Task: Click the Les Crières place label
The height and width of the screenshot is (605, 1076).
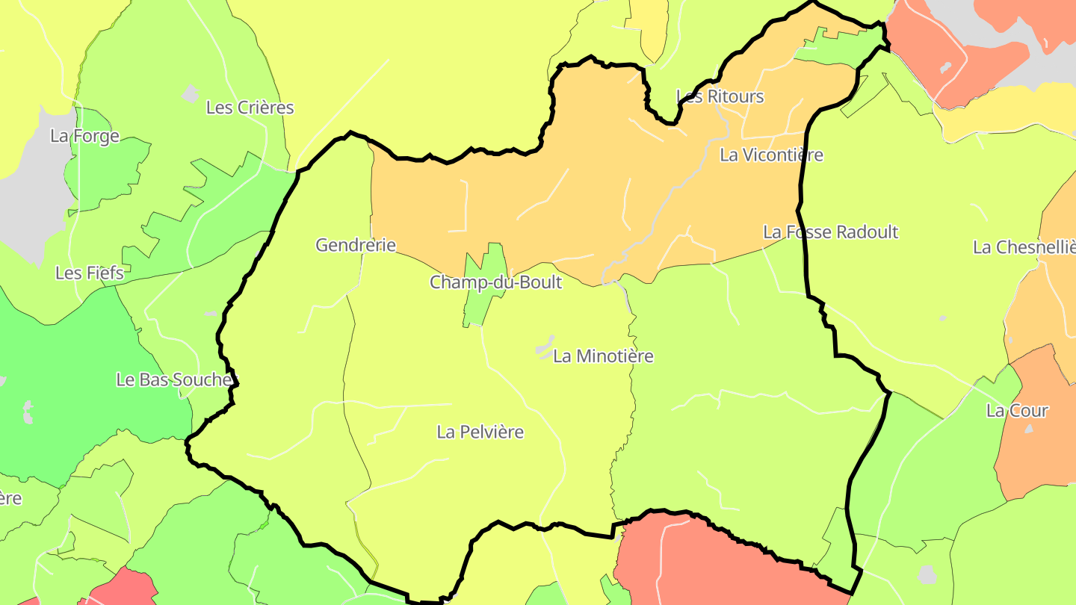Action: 250,108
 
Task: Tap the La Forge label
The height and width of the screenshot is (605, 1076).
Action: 84,136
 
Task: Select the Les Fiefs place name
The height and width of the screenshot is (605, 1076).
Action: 90,273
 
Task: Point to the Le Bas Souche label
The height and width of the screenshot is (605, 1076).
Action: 173,379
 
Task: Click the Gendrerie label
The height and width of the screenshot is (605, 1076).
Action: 355,245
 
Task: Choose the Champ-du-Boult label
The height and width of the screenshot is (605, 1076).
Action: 495,282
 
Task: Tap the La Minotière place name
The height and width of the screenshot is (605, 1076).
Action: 603,356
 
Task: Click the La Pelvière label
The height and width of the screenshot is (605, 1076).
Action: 480,432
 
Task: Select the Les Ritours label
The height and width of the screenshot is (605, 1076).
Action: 720,96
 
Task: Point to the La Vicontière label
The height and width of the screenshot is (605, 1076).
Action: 771,155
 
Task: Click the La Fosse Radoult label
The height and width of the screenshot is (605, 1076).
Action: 830,232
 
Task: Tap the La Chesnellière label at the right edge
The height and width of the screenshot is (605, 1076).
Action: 1024,247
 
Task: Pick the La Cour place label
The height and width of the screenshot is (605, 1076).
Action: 1017,410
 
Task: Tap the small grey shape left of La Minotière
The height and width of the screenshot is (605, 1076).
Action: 545,349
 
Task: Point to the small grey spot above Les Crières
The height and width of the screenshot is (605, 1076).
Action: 191,93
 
